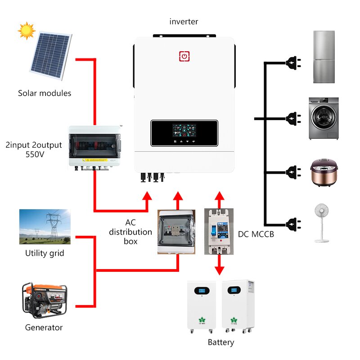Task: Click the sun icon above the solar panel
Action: pyautogui.click(x=27, y=31)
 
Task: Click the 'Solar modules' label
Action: pyautogui.click(x=45, y=93)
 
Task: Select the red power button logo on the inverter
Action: pyautogui.click(x=184, y=56)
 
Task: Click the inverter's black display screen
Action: pyautogui.click(x=184, y=133)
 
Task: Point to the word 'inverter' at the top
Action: pyautogui.click(x=184, y=21)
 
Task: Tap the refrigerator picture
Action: pyautogui.click(x=324, y=57)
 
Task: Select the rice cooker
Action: pyautogui.click(x=323, y=172)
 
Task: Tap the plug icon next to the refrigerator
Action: pyautogui.click(x=292, y=63)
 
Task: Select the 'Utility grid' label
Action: pyautogui.click(x=45, y=253)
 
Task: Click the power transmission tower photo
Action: pyautogui.click(x=45, y=226)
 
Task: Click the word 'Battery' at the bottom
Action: pyautogui.click(x=221, y=342)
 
